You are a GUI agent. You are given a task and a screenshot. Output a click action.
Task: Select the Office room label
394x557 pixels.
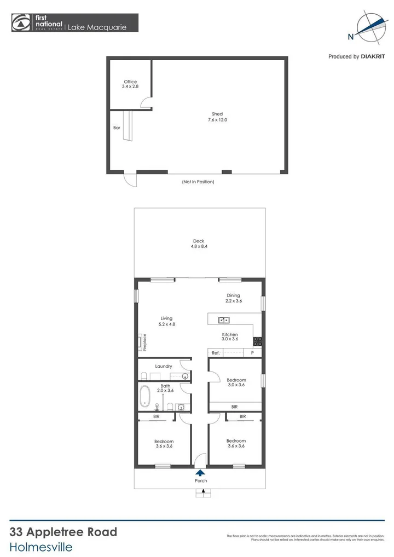pos(130,84)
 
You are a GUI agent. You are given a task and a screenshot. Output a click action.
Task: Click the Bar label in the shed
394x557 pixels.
pos(117,127)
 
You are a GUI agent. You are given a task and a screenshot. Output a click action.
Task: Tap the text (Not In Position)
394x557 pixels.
pos(198,182)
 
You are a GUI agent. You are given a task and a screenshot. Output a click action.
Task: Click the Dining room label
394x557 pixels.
pos(234,298)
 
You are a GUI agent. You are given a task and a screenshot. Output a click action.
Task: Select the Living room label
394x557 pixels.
pos(166,321)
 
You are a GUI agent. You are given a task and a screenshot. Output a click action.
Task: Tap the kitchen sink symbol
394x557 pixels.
pos(224,320)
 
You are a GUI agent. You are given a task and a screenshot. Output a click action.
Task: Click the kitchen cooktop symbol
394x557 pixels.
pos(257,341)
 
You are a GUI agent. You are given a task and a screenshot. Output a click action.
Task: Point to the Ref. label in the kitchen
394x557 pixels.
pos(216,353)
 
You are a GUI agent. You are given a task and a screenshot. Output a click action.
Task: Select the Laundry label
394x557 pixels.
pos(164,366)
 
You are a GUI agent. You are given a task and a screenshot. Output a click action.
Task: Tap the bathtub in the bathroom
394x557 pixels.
pos(145,397)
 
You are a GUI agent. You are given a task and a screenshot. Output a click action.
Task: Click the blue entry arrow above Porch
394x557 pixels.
pos(200,472)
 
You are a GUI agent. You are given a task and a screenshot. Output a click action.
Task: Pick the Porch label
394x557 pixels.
pos(200,481)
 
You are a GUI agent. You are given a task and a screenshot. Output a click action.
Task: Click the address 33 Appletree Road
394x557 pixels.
pos(63,532)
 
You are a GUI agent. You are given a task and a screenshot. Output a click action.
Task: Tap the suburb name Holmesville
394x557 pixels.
pos(41,546)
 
